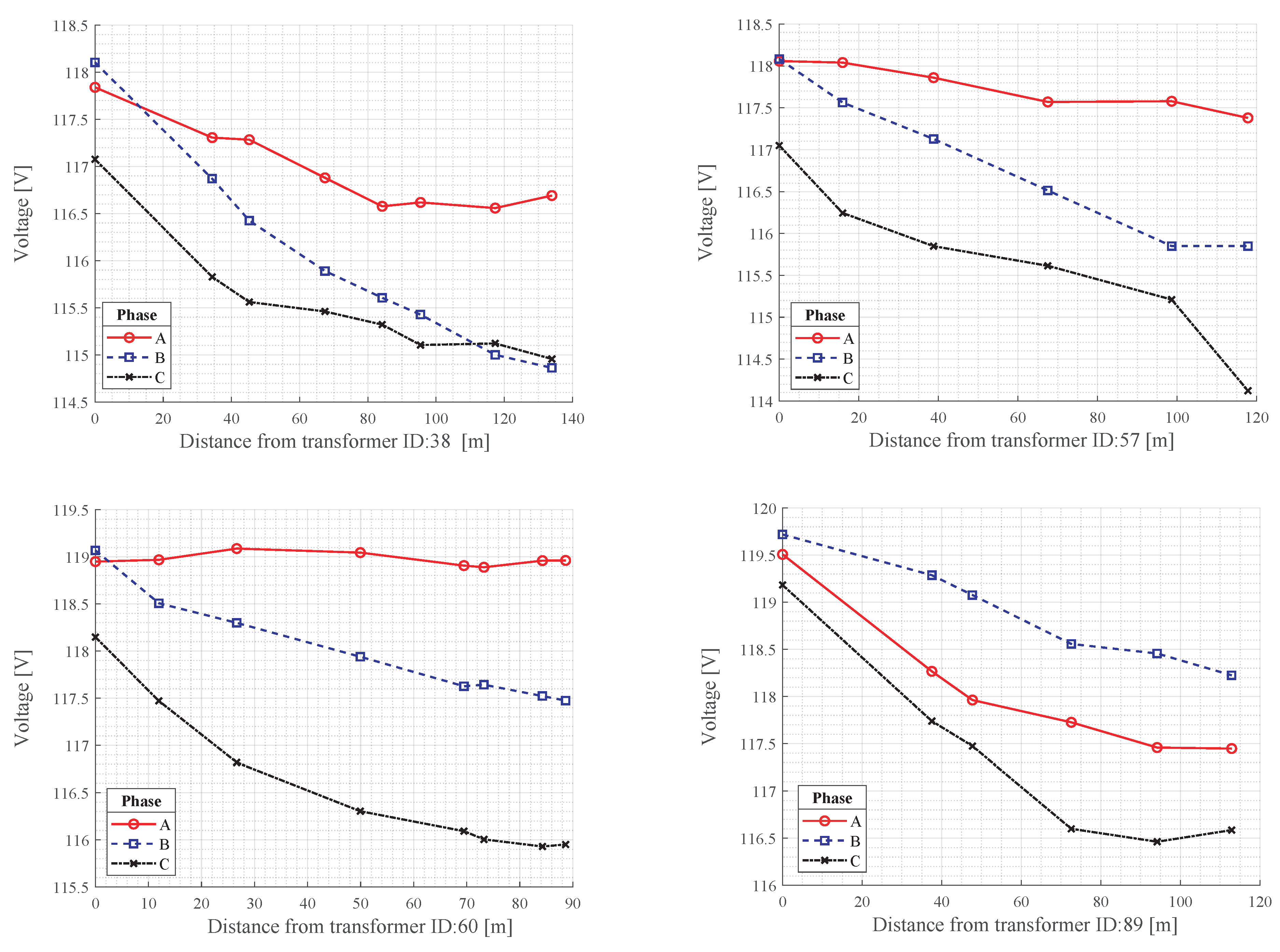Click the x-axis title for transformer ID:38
click(334, 442)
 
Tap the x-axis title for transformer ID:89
click(1024, 925)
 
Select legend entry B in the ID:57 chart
click(824, 359)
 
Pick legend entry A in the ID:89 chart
click(831, 821)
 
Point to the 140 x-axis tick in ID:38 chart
click(572, 419)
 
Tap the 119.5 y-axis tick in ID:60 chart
click(71, 510)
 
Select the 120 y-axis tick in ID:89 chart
click(764, 509)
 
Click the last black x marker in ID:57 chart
click(1248, 391)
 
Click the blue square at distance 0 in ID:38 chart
click(95, 62)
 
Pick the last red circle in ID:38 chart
click(552, 196)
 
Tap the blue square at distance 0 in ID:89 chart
click(782, 535)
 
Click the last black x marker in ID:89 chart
click(1231, 830)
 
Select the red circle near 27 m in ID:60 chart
click(236, 549)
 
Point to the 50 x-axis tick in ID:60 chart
click(360, 904)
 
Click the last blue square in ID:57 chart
click(1248, 246)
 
